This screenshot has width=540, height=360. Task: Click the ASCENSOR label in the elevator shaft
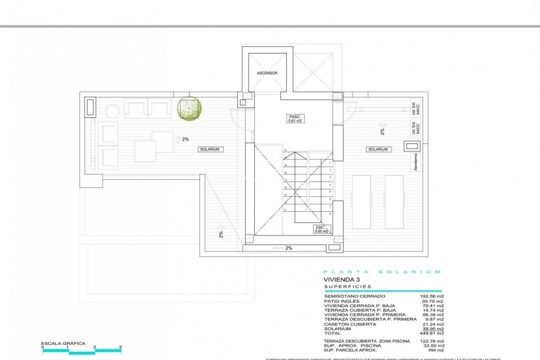pyautogui.click(x=267, y=73)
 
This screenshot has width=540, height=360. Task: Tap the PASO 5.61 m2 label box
pyautogui.click(x=294, y=119)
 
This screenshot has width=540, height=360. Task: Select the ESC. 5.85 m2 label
pyautogui.click(x=321, y=229)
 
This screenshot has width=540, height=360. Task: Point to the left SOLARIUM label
pyautogui.click(x=210, y=149)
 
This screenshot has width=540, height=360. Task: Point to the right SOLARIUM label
pyautogui.click(x=378, y=149)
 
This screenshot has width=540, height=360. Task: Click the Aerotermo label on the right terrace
pyautogui.click(x=416, y=162)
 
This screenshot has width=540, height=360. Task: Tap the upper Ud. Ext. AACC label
pyautogui.click(x=415, y=107)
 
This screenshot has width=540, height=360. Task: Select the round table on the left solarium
pyautogui.click(x=112, y=111)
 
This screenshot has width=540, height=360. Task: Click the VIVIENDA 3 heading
pyautogui.click(x=341, y=280)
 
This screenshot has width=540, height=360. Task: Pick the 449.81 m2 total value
pyautogui.click(x=433, y=333)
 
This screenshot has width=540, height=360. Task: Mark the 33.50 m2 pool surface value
pyautogui.click(x=434, y=346)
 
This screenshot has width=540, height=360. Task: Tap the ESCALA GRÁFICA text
pyautogui.click(x=63, y=343)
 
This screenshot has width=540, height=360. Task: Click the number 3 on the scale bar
pyautogui.click(x=120, y=347)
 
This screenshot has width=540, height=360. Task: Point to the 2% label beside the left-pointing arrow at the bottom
pyautogui.click(x=289, y=248)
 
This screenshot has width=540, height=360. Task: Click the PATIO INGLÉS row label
pyautogui.click(x=342, y=301)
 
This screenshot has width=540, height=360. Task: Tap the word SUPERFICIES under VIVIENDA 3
pyautogui.click(x=348, y=287)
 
